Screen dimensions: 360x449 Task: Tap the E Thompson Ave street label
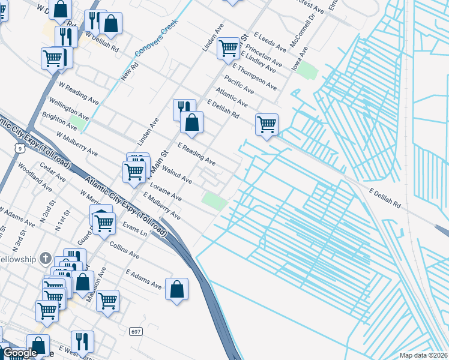pos(254,77)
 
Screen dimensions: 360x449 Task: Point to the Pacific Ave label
pos(239,85)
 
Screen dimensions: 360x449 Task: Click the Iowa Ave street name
pos(300,59)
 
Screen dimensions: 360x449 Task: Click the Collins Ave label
pos(124,250)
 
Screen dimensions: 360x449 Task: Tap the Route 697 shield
pos(136,331)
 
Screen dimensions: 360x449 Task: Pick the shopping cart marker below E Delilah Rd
pos(267,124)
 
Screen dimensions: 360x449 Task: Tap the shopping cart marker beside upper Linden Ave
pos(228,47)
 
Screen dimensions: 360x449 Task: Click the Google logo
pos(20,353)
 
